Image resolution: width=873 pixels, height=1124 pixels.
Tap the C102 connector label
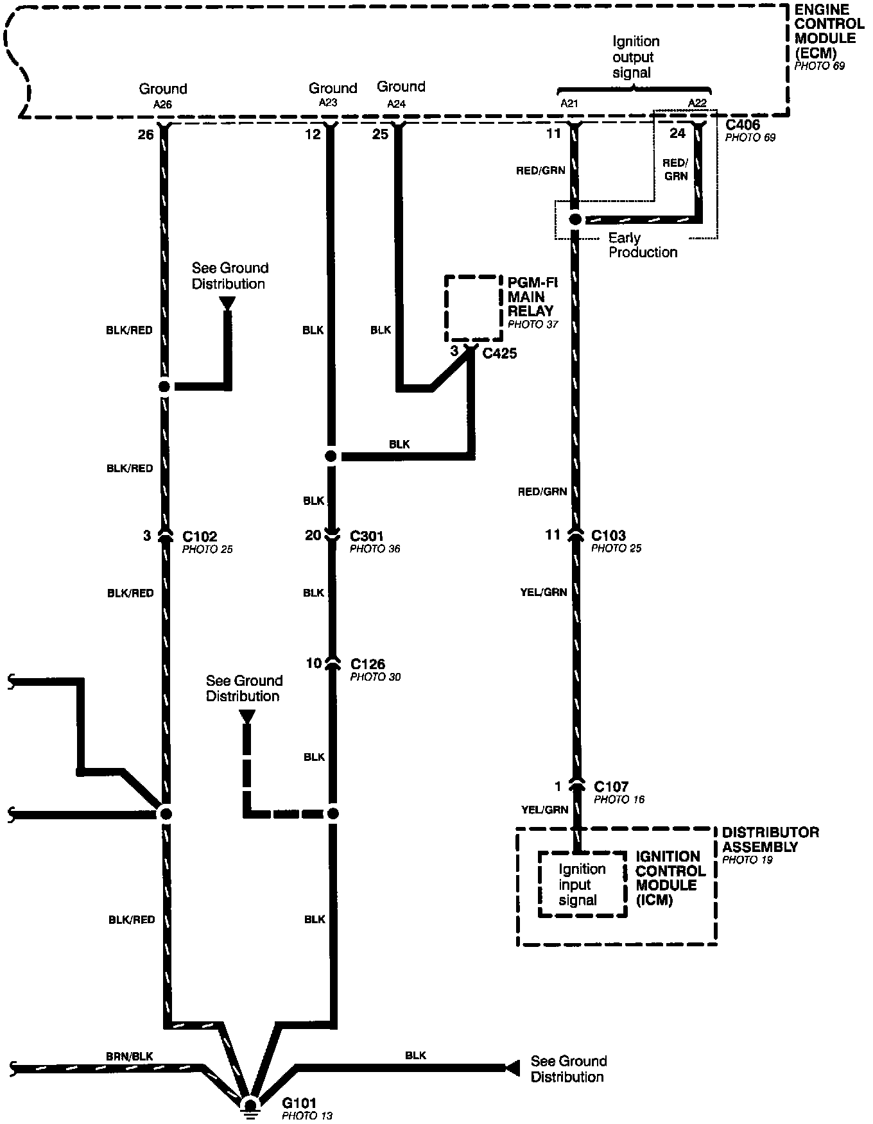(x=200, y=536)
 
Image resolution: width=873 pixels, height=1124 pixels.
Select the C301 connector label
(x=367, y=535)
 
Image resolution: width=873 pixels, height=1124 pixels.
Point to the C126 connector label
(x=368, y=663)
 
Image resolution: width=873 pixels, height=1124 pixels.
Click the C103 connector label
(x=608, y=535)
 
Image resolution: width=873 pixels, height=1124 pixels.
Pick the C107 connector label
(x=611, y=786)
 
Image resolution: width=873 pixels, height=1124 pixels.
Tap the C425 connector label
(x=499, y=353)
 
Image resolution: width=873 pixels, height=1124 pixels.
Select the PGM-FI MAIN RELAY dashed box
(x=474, y=309)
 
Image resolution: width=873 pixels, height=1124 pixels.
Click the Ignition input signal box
(x=582, y=884)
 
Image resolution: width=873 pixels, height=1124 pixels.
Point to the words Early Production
(x=642, y=245)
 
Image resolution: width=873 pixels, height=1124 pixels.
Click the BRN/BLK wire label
(x=130, y=1056)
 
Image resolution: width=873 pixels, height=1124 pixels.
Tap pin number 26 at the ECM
(x=146, y=134)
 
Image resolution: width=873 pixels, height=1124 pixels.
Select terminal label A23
(x=327, y=102)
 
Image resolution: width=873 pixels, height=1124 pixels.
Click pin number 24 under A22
(x=678, y=133)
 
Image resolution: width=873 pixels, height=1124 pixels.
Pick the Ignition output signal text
(x=635, y=57)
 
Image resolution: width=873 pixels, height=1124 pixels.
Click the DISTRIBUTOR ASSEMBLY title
(x=770, y=839)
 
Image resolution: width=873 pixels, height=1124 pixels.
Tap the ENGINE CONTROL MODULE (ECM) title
(x=829, y=31)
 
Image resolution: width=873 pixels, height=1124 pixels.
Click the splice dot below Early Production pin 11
(x=575, y=219)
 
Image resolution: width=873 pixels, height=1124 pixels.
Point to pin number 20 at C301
(x=313, y=535)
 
